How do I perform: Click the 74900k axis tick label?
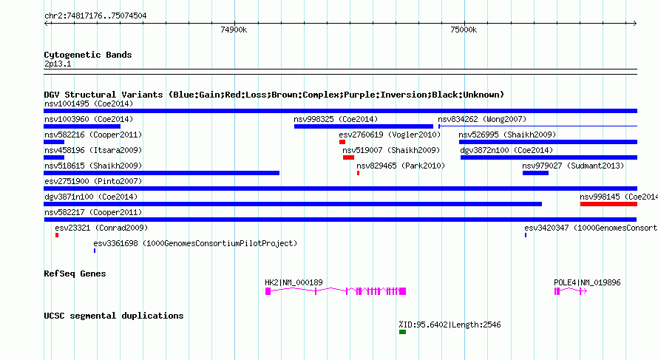(234, 30)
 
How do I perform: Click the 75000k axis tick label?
(464, 30)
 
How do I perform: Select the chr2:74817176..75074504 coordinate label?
(95, 16)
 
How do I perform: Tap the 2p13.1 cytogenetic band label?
(58, 64)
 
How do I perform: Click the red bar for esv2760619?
(342, 142)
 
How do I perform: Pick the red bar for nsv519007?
(348, 157)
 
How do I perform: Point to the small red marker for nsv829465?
(358, 173)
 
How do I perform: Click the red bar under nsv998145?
(608, 204)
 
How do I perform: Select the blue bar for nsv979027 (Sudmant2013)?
(535, 173)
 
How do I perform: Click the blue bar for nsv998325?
(364, 126)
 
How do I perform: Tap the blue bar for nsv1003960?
(82, 126)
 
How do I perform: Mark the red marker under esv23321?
(57, 235)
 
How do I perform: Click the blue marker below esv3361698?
(95, 251)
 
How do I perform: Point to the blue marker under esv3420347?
(526, 235)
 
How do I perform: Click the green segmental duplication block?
(402, 333)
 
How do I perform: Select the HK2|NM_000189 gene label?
(294, 283)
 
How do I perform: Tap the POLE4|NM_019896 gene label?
(587, 283)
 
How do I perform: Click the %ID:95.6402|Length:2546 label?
(450, 325)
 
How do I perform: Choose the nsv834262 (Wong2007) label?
(482, 120)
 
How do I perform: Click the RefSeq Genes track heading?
(75, 274)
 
